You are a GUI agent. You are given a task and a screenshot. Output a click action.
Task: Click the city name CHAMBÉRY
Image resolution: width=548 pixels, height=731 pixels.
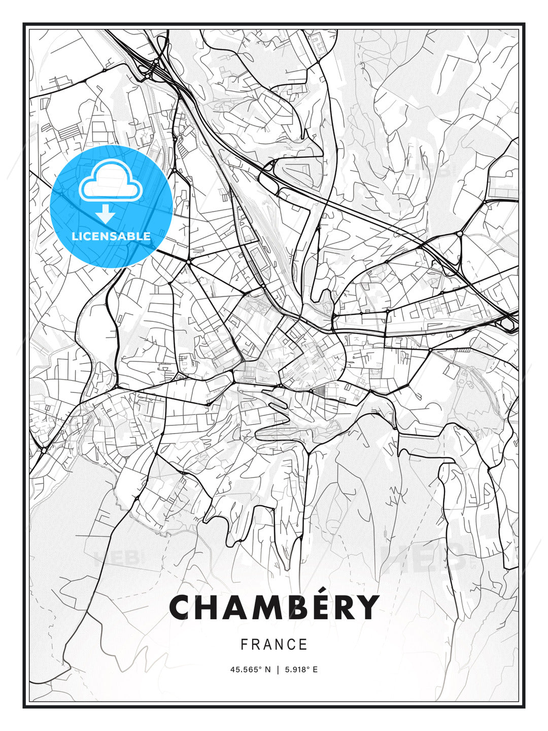[x=274, y=607]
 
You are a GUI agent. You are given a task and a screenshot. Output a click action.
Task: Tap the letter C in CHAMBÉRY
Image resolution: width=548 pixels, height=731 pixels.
[x=182, y=608]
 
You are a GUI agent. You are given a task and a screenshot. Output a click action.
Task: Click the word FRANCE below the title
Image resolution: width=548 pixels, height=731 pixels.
[x=274, y=645]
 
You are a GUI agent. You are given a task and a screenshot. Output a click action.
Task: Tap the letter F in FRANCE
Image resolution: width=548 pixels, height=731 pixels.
[x=244, y=645]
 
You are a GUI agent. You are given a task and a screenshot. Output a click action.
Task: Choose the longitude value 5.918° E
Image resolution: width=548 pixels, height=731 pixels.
[x=301, y=670]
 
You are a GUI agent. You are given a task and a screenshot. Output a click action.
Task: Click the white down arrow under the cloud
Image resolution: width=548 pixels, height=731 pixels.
[x=106, y=214]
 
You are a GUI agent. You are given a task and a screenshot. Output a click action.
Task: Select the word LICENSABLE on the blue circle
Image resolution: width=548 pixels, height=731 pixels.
[x=111, y=236]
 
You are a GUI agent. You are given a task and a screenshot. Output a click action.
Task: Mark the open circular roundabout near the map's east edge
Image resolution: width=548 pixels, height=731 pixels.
[x=459, y=234]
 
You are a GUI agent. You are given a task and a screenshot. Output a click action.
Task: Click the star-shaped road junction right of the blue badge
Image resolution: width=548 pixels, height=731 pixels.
[x=188, y=261]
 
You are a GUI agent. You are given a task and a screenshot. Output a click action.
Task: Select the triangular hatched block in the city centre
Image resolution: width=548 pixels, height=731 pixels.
[x=321, y=390]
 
